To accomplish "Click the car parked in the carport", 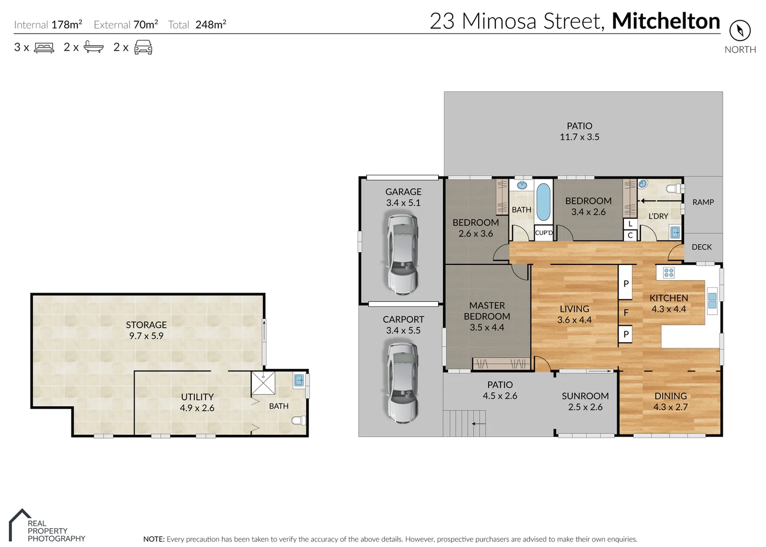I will pyautogui.click(x=402, y=382).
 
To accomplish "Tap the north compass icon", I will pyautogui.click(x=740, y=30).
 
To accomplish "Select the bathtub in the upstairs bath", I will pyautogui.click(x=543, y=202).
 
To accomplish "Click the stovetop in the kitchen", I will pyautogui.click(x=668, y=273).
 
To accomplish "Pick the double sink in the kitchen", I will pyautogui.click(x=712, y=300).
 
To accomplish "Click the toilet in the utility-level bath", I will pyautogui.click(x=299, y=420).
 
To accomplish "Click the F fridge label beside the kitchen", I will pyautogui.click(x=626, y=312).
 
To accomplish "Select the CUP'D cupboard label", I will pyautogui.click(x=544, y=233).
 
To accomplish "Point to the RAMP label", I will pyautogui.click(x=703, y=202).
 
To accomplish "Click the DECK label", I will pyautogui.click(x=701, y=247).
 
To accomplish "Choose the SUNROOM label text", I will pyautogui.click(x=585, y=396).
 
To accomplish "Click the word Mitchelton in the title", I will pyautogui.click(x=666, y=21).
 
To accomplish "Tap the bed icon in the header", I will pyautogui.click(x=44, y=48).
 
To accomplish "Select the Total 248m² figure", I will pyautogui.click(x=197, y=24).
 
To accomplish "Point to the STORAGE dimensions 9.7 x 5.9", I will pyautogui.click(x=146, y=336).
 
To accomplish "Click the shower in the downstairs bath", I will pyautogui.click(x=263, y=383).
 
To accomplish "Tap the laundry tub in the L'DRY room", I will pyautogui.click(x=674, y=232).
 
